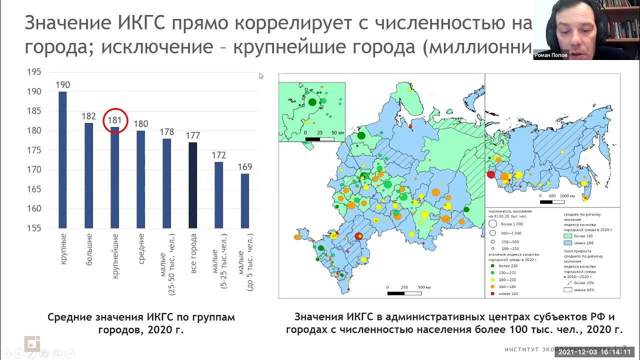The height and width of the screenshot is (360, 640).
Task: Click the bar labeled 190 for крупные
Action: pyautogui.click(x=62, y=160)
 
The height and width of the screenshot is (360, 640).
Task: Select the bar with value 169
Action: pyautogui.click(x=245, y=200)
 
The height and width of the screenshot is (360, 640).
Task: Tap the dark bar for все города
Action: pyautogui.click(x=192, y=185)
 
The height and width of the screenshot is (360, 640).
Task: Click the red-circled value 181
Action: pyautogui.click(x=115, y=120)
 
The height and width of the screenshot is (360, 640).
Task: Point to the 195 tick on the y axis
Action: pyautogui.click(x=34, y=72)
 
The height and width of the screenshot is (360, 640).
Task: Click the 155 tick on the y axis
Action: pyautogui.click(x=34, y=228)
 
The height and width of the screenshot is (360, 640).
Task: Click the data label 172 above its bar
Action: pyautogui.click(x=218, y=155)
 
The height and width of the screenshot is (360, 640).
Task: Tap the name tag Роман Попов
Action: pyautogui.click(x=551, y=55)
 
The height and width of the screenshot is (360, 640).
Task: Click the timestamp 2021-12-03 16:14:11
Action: pyautogui.click(x=597, y=352)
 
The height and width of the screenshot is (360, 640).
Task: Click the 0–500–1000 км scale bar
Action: pyautogui.click(x=552, y=201)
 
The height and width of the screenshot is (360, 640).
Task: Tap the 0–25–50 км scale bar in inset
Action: pyautogui.click(x=319, y=138)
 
